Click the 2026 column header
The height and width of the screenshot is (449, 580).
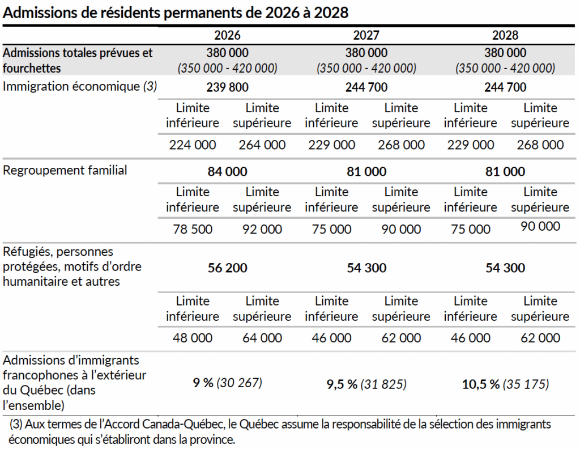click(228, 35)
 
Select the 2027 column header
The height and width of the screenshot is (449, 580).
click(366, 35)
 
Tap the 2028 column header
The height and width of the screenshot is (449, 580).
click(505, 35)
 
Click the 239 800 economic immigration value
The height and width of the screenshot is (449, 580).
click(228, 87)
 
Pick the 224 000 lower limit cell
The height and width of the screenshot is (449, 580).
click(193, 145)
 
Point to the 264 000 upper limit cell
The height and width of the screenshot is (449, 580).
click(262, 145)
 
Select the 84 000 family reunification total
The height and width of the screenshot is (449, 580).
click(228, 172)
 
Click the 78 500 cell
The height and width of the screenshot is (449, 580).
click(193, 229)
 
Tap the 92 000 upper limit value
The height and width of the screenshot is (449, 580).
click(262, 229)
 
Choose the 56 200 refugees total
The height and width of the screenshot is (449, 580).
click(228, 268)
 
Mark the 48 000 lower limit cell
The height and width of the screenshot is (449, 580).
click(193, 338)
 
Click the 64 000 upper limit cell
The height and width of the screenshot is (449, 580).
click(262, 338)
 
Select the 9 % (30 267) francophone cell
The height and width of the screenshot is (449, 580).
click(228, 384)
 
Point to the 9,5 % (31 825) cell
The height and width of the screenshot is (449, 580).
click(366, 384)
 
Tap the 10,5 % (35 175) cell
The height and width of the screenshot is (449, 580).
click(505, 384)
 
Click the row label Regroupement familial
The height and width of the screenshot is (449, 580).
click(65, 170)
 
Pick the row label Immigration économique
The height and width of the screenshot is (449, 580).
click(71, 87)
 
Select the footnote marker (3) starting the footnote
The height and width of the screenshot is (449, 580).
click(18, 424)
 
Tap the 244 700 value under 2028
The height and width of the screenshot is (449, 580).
click(505, 87)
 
